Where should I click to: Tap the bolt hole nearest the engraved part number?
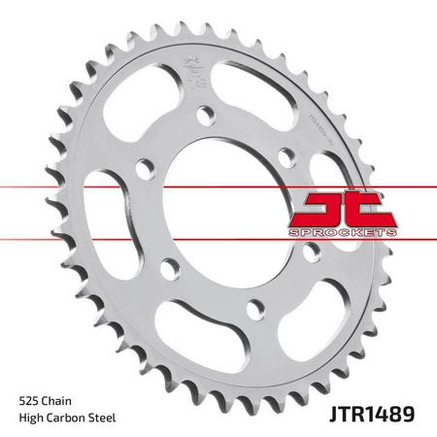(286, 154)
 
